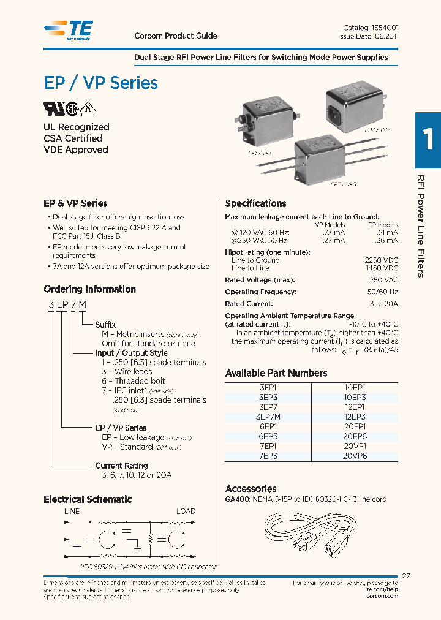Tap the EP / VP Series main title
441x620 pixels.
tap(100, 83)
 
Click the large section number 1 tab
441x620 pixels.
tap(428, 140)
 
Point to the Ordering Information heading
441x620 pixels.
tap(89, 289)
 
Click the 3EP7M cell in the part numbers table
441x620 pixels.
tap(268, 417)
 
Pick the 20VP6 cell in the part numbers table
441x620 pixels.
tap(355, 456)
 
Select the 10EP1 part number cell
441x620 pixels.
tap(355, 387)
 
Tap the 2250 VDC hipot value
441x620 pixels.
tap(381, 260)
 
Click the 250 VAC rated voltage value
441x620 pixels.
tap(385, 280)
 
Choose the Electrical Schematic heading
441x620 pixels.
tap(88, 499)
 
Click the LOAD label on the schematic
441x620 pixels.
tap(186, 511)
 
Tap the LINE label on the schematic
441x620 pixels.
tap(72, 511)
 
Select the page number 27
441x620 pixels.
tap(406, 576)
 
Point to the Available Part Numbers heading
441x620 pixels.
tap(276, 373)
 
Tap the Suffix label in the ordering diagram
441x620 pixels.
tap(105, 325)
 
